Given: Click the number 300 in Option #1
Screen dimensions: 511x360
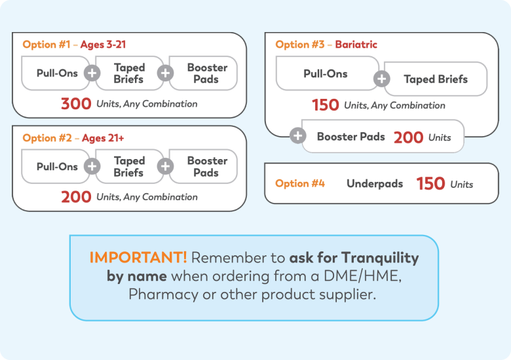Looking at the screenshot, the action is click(x=76, y=104).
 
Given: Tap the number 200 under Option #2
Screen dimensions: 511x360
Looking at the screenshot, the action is click(x=76, y=197).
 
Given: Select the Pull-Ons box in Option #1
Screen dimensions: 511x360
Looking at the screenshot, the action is click(x=56, y=73).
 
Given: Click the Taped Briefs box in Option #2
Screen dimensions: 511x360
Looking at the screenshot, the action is click(x=129, y=166).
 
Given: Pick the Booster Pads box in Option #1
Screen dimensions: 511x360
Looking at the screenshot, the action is click(x=203, y=73).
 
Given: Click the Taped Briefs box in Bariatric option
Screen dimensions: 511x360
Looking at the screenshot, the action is click(x=436, y=79).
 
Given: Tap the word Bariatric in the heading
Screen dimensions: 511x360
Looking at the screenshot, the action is click(x=356, y=45).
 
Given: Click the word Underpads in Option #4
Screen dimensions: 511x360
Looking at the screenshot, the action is click(x=375, y=183).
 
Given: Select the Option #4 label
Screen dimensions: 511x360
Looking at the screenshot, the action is click(x=300, y=183).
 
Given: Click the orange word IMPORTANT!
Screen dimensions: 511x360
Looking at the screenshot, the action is click(x=138, y=257).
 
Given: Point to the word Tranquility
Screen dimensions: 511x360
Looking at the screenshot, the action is click(x=380, y=258).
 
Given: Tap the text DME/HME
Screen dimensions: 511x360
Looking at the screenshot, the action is click(x=362, y=276).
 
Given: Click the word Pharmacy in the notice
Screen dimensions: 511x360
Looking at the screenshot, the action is click(x=163, y=295).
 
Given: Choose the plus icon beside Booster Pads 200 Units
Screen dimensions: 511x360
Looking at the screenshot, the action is click(x=298, y=135).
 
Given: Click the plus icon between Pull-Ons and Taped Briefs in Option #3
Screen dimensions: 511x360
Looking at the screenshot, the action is click(x=382, y=79).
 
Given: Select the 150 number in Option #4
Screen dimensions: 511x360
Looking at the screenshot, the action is click(x=430, y=183).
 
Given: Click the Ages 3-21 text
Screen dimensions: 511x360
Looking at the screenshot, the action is click(x=103, y=45).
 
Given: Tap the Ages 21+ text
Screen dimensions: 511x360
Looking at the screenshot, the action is click(x=103, y=138).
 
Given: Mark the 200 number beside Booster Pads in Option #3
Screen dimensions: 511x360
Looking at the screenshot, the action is click(x=408, y=137).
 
